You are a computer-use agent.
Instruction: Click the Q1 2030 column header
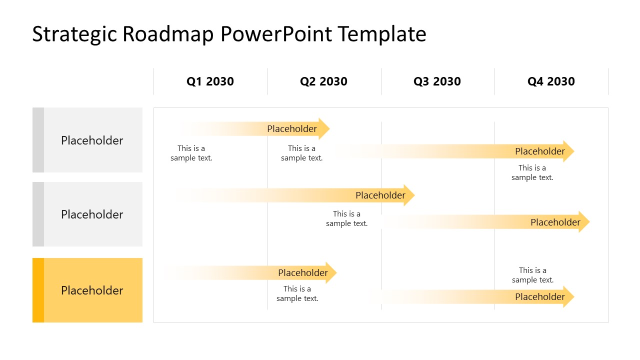pyautogui.click(x=210, y=81)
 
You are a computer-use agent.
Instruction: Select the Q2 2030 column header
pyautogui.click(x=323, y=81)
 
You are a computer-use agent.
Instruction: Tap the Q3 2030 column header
pyautogui.click(x=437, y=81)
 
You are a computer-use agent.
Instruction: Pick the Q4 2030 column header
pyautogui.click(x=551, y=81)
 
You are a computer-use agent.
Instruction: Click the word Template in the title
pyautogui.click(x=381, y=34)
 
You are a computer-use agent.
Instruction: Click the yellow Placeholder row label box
pyautogui.click(x=92, y=290)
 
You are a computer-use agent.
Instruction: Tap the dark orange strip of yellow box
pyautogui.click(x=38, y=290)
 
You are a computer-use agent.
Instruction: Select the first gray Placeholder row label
pyautogui.click(x=92, y=140)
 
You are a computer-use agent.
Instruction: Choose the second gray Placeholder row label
pyautogui.click(x=92, y=214)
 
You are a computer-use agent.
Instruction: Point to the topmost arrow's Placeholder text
pyautogui.click(x=292, y=129)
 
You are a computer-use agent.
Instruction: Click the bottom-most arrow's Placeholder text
pyautogui.click(x=540, y=297)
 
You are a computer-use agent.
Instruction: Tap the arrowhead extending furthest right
pyautogui.click(x=584, y=222)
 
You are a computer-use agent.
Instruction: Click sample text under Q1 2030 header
pyautogui.click(x=191, y=153)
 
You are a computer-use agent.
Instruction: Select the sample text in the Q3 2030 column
pyautogui.click(x=346, y=218)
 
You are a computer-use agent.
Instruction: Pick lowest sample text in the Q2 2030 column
pyautogui.click(x=297, y=293)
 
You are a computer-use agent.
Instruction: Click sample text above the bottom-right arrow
pyautogui.click(x=532, y=275)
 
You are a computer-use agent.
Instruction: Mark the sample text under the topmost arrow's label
pyautogui.click(x=301, y=153)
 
